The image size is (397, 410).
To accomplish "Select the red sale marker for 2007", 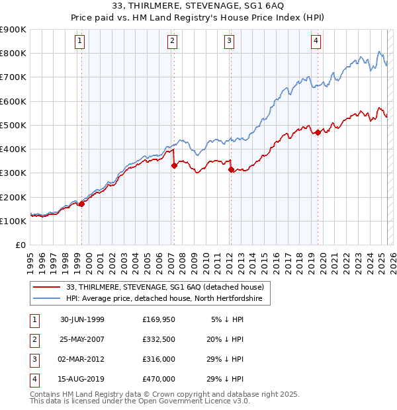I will [174, 166].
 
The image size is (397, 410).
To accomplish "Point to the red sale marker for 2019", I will [318, 133].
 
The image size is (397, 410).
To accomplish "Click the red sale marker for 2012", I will [231, 170].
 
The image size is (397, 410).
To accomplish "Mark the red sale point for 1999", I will [82, 204].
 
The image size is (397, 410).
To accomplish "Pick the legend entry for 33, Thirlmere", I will [165, 287].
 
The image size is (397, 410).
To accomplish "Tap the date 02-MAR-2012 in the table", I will [82, 359].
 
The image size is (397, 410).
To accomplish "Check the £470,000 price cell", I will [158, 379].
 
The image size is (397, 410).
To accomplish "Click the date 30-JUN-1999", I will [82, 319].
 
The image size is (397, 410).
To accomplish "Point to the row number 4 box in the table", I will [32, 379].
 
